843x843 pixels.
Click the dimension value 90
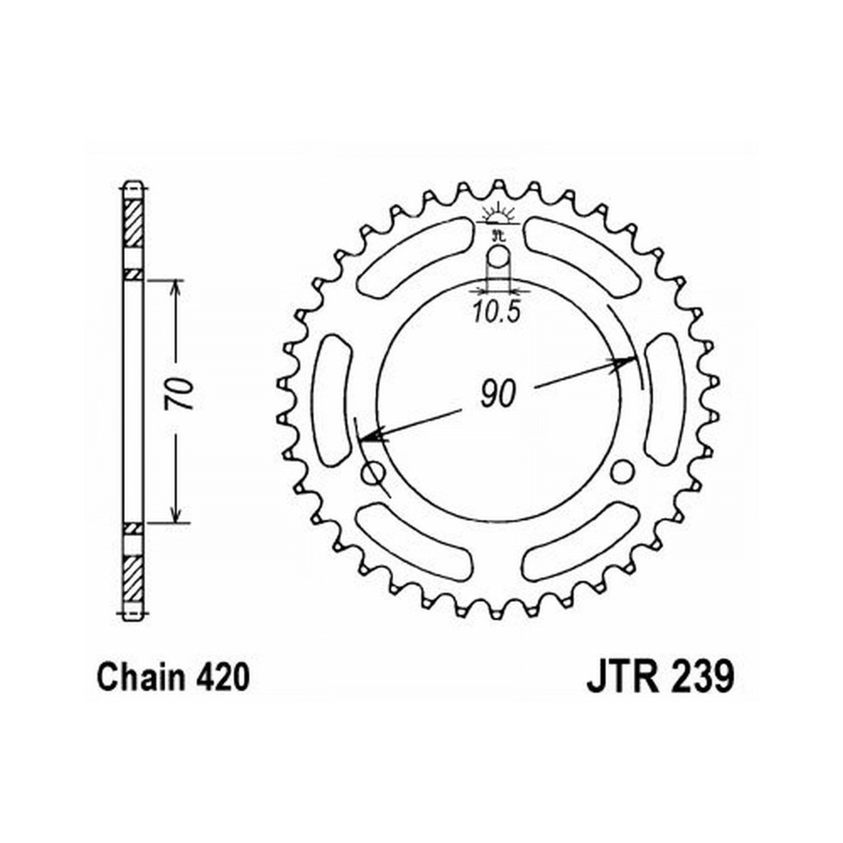pos(498,393)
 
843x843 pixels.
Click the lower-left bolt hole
pos(374,474)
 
